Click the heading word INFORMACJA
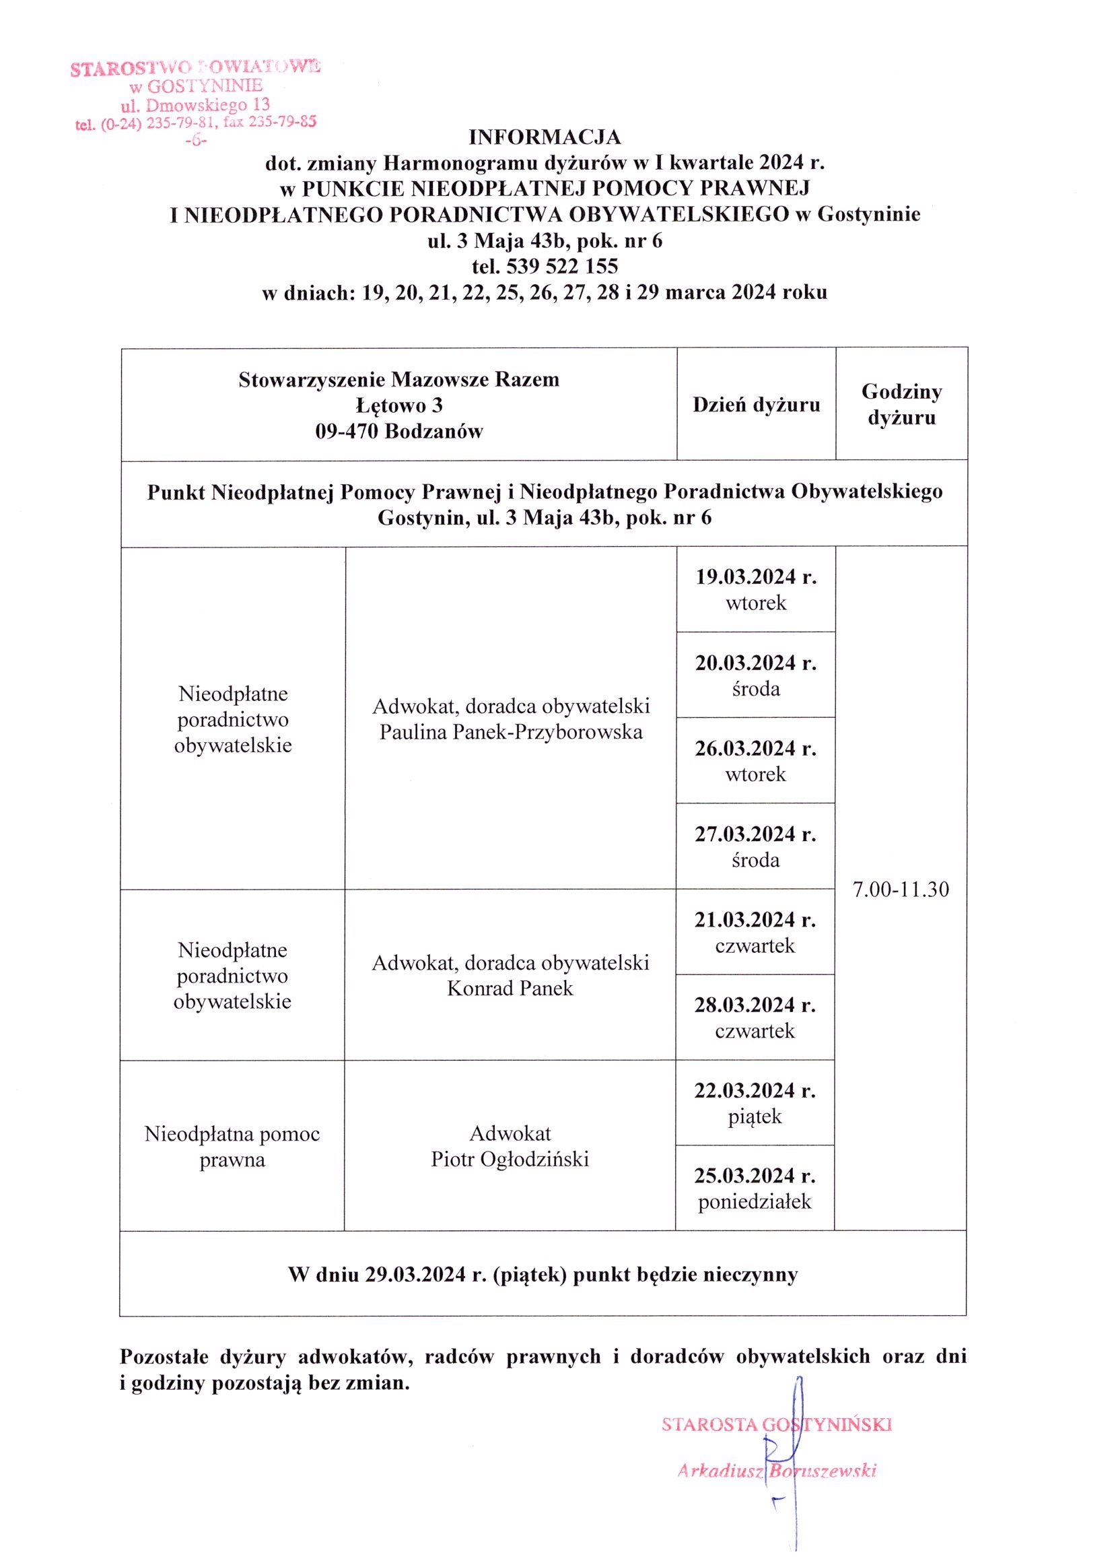(x=545, y=137)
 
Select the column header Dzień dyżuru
(x=756, y=405)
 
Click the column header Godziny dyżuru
(x=901, y=405)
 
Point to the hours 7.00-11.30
(x=901, y=890)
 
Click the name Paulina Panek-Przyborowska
(x=511, y=732)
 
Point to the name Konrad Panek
(x=510, y=989)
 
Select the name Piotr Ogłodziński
(x=510, y=1160)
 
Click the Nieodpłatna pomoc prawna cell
(x=232, y=1146)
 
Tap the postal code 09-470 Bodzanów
(x=399, y=432)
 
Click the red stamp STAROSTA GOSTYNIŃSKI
(x=777, y=1425)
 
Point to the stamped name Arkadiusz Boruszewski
(x=777, y=1470)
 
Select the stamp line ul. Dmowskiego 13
(x=195, y=106)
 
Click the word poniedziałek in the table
(x=755, y=1202)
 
